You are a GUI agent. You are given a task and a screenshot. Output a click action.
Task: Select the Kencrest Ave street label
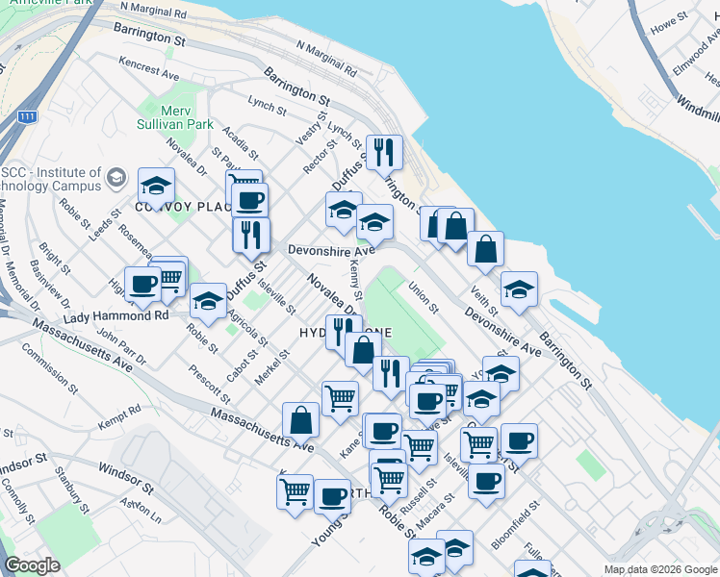click(149, 66)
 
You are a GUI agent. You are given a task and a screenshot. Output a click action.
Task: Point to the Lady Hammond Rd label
click(116, 315)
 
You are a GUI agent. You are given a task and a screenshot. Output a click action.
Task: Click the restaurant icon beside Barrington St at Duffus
click(383, 152)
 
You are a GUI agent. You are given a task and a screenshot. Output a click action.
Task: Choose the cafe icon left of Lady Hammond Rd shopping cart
click(142, 284)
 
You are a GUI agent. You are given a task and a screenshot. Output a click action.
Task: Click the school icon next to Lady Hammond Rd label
click(208, 301)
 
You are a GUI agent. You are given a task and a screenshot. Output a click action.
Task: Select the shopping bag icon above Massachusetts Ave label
click(300, 419)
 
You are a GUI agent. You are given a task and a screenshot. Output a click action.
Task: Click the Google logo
click(32, 565)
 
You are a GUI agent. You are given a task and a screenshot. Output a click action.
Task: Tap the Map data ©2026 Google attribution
click(659, 569)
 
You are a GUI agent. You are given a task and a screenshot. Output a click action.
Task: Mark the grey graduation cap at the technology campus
click(116, 178)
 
